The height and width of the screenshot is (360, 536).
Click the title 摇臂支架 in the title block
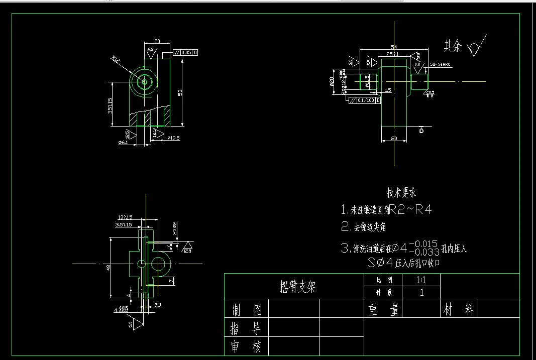coord(297,287)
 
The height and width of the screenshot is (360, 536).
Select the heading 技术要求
coord(401,192)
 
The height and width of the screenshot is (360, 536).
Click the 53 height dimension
coord(180,92)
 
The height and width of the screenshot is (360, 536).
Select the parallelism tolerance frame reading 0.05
coord(185,52)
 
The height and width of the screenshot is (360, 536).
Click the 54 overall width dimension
coord(394,47)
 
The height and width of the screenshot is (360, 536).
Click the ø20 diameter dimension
coord(332,82)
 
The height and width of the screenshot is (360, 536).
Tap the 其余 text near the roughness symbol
coord(452,47)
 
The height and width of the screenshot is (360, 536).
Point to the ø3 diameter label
coord(157,305)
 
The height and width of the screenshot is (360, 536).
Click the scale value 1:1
coord(421,279)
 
